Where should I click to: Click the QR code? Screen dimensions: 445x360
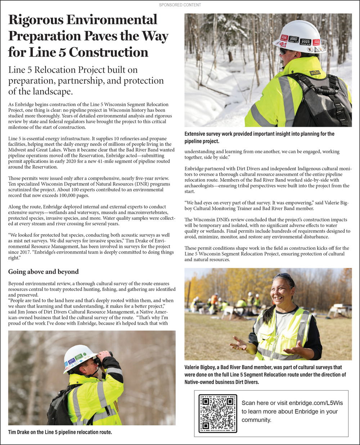point(217,413)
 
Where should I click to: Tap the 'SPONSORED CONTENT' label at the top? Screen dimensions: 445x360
point(180,5)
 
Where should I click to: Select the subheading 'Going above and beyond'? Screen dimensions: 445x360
point(43,272)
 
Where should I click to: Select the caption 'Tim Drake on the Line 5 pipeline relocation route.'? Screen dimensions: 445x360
point(60,432)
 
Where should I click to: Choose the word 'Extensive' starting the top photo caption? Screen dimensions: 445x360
point(197,134)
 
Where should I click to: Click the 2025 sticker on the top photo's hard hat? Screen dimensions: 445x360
point(293,39)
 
